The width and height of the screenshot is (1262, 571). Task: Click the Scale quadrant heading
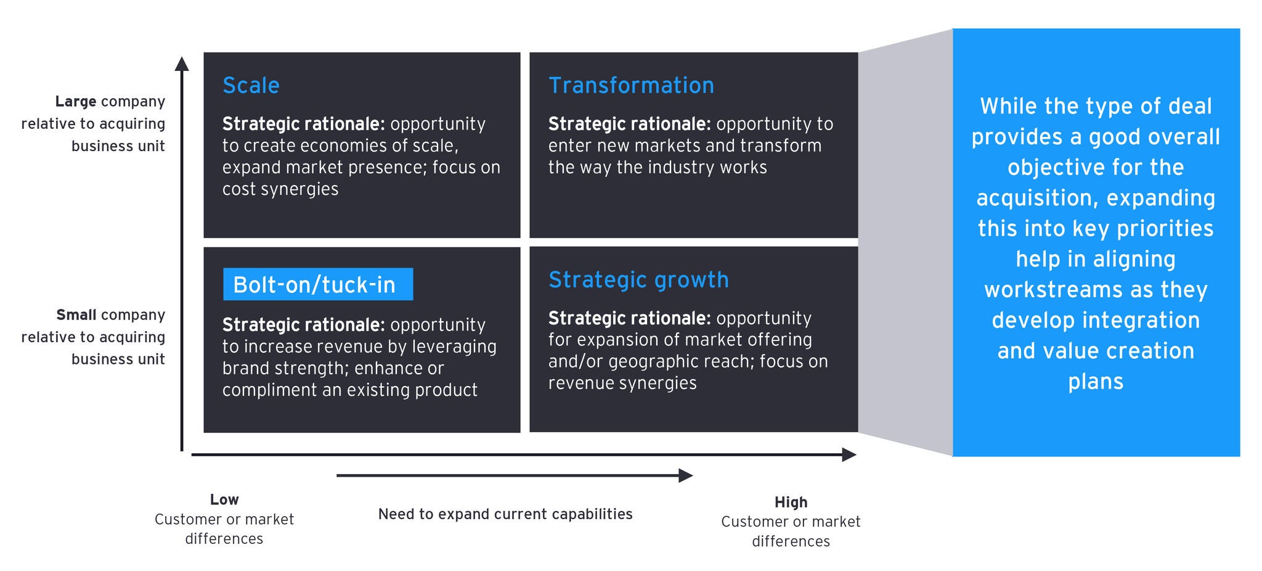tap(251, 86)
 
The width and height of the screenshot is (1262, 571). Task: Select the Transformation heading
tap(631, 86)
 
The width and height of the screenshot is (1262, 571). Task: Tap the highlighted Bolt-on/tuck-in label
tap(314, 285)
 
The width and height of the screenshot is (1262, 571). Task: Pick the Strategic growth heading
tap(638, 280)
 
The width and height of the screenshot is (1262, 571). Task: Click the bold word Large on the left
tap(76, 102)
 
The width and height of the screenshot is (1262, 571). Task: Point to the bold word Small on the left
tap(76, 315)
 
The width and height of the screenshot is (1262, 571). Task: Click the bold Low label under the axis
tap(224, 500)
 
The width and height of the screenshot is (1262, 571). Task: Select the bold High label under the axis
tap(791, 503)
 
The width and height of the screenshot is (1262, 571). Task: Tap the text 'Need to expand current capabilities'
tap(505, 514)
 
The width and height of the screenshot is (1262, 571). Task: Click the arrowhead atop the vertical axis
tap(181, 64)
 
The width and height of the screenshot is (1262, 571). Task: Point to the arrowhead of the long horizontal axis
tap(849, 455)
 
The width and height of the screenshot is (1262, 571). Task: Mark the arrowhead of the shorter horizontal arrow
tap(685, 475)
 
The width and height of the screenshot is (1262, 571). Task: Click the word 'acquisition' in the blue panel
tap(1038, 199)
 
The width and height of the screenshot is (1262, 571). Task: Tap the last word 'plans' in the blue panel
tap(1096, 382)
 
